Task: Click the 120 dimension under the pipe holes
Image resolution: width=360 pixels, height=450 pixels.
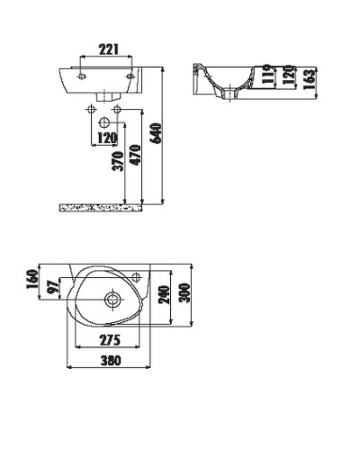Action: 107,139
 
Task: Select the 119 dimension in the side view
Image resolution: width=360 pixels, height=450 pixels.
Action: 268,76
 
